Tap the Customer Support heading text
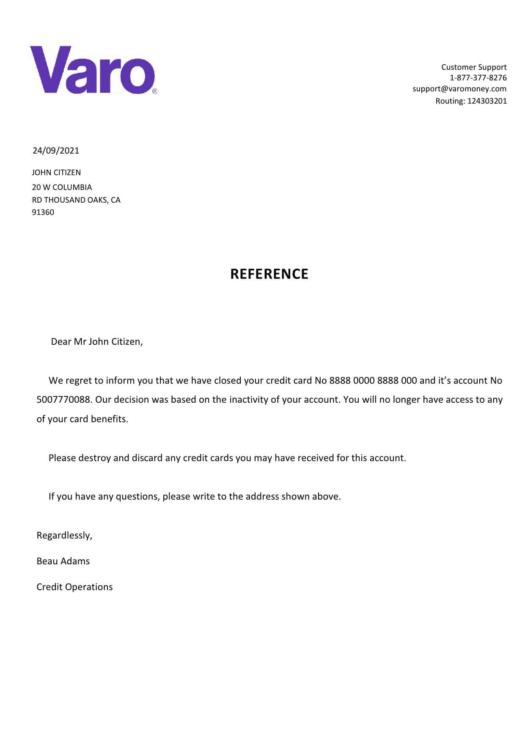473,67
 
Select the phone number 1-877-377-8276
478,77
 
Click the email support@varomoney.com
459,88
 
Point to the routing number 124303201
487,101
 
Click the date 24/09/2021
56,151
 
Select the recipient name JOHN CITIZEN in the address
56,172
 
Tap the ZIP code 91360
43,212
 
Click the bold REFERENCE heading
269,274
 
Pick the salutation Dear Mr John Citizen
97,341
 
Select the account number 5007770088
63,399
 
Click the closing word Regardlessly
64,535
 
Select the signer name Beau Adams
63,561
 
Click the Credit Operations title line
74,587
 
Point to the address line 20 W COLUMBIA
62,187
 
